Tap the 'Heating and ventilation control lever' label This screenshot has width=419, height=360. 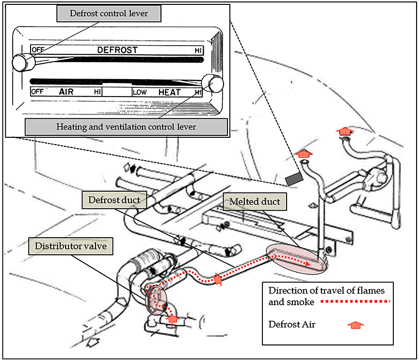pos(126,128)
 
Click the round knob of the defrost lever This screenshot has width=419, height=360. pos(21,62)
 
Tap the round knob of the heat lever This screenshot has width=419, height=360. pos(212,83)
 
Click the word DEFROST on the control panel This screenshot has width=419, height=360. pos(117,50)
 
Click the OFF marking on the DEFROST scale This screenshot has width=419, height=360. pos(37,50)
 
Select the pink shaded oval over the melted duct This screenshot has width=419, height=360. pos(296,257)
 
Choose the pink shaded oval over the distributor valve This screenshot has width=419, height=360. pos(156,300)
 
